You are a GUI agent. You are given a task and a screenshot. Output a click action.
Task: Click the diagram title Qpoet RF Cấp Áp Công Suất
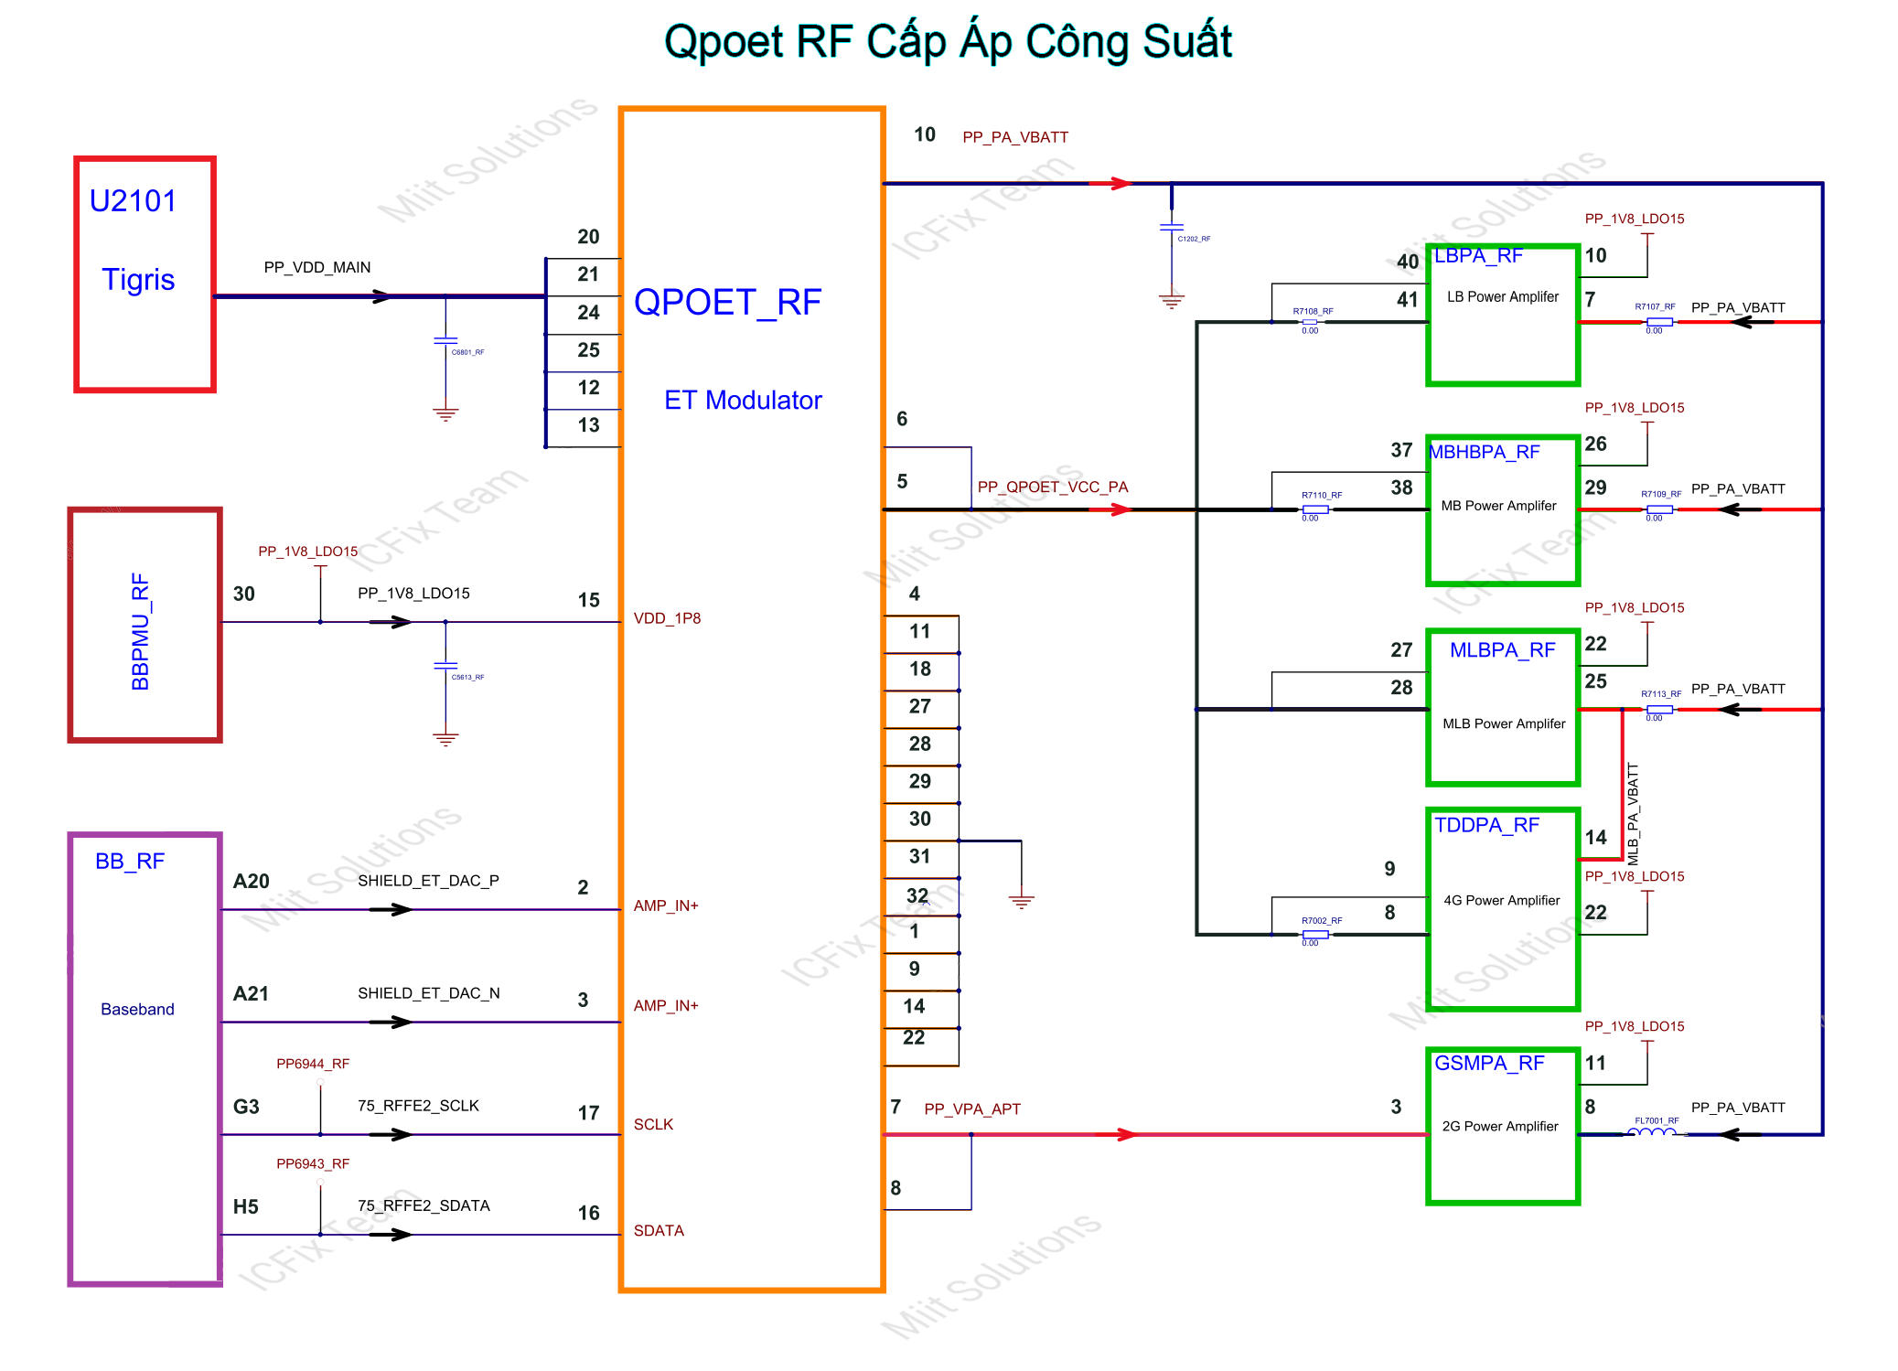(948, 42)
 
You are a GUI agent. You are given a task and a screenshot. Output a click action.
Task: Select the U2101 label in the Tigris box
(133, 201)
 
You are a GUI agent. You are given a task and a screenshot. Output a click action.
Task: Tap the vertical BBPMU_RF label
(140, 631)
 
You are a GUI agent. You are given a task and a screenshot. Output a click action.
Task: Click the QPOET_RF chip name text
(727, 303)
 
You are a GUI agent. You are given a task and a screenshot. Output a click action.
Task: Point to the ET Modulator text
(743, 401)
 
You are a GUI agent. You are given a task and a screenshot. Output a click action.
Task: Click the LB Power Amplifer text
(1502, 297)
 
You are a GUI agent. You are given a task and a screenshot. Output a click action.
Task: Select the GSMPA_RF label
(1488, 1063)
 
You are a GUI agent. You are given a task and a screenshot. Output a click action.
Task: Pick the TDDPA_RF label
(1486, 825)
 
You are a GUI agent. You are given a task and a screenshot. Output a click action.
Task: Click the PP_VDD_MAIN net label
(316, 267)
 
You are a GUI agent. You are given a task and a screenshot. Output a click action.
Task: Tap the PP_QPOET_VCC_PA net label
(1052, 487)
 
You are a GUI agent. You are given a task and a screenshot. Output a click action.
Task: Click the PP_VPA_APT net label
(971, 1109)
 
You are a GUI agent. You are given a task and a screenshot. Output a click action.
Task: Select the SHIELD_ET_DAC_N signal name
(428, 993)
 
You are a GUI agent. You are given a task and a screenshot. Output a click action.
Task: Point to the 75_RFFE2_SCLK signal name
(418, 1106)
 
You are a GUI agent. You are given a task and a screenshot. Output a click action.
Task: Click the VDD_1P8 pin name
(667, 618)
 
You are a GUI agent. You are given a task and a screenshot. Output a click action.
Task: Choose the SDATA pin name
(659, 1230)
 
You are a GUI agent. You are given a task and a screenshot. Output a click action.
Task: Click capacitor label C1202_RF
(1194, 239)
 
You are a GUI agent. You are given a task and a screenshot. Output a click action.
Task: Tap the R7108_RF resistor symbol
(1310, 322)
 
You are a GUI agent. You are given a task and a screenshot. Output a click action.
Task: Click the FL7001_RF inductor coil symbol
(1654, 1132)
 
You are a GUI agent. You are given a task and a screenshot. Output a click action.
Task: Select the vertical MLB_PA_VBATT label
(1633, 814)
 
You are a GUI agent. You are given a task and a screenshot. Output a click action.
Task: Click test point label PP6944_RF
(313, 1064)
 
